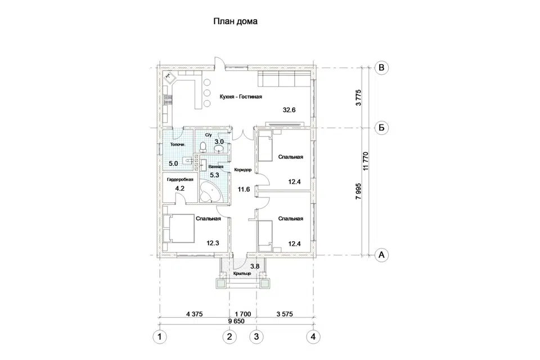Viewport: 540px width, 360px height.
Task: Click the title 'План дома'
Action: point(235,21)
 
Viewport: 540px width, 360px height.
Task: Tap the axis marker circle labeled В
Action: point(381,67)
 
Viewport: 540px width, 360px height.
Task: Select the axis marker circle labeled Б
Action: point(381,128)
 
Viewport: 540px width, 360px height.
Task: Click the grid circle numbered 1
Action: point(159,336)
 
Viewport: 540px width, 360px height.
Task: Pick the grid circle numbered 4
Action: point(313,336)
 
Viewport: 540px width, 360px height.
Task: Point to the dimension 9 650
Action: point(236,321)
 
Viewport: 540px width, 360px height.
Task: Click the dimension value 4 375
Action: point(194,314)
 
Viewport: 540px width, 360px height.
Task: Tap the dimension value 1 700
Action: point(243,314)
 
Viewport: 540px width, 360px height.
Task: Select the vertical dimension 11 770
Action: point(366,161)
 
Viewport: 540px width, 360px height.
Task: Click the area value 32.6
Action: point(289,110)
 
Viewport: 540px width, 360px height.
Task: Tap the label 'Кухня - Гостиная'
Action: point(241,97)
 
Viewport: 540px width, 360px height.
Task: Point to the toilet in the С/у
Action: point(203,147)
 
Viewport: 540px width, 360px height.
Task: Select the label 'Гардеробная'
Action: point(180,179)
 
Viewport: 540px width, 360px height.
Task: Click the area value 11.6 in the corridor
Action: point(244,189)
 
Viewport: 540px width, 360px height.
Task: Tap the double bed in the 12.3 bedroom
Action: point(179,228)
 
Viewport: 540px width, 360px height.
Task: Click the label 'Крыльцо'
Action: point(242,273)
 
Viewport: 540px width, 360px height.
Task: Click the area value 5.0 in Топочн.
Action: point(173,163)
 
